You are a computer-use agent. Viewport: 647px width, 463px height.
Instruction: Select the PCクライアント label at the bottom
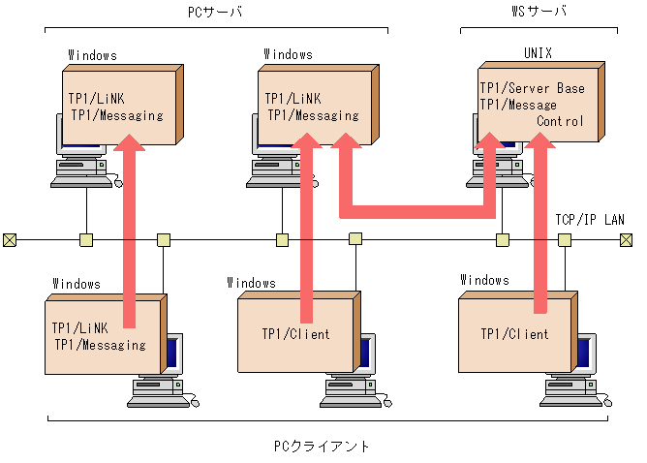[322, 447]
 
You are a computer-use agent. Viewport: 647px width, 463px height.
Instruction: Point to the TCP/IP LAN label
[590, 220]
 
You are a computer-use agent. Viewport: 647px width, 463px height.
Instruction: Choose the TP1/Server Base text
[532, 88]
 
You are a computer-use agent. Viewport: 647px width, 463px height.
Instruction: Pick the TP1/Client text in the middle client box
[295, 334]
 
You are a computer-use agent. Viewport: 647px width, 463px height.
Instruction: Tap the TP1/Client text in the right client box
[514, 334]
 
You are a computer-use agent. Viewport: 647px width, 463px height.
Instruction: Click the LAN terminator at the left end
[10, 239]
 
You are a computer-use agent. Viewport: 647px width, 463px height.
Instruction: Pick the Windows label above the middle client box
[251, 283]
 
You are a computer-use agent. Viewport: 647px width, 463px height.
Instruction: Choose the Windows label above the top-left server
[92, 55]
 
